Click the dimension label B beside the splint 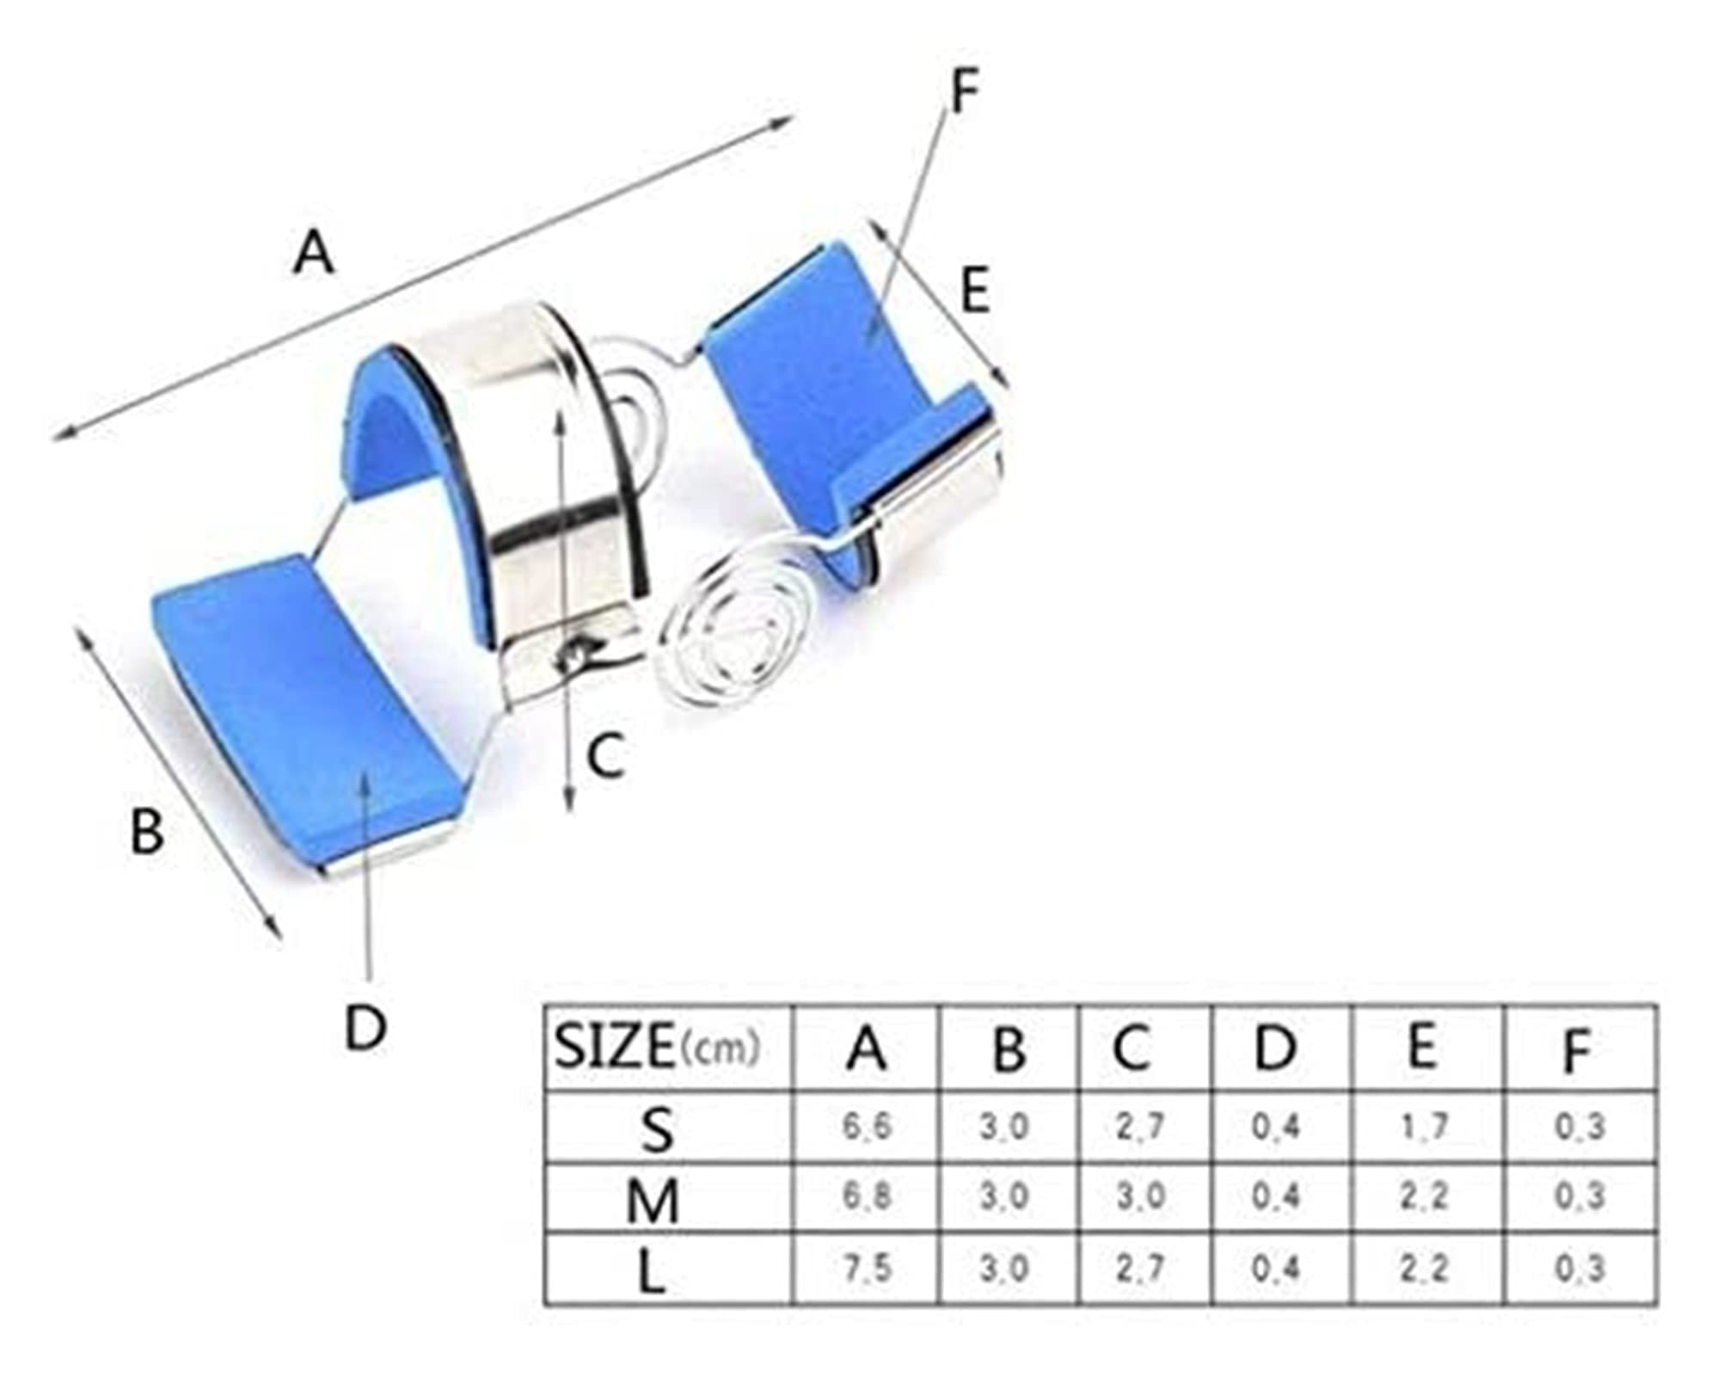pyautogui.click(x=146, y=832)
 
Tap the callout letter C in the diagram pyautogui.click(x=605, y=756)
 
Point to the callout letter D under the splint pyautogui.click(x=365, y=1027)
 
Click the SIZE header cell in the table pyautogui.click(x=658, y=1047)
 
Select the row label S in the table pyautogui.click(x=657, y=1129)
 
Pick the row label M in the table pyautogui.click(x=653, y=1201)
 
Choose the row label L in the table pyautogui.click(x=652, y=1274)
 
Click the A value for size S pyautogui.click(x=866, y=1127)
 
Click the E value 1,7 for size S pyautogui.click(x=1425, y=1126)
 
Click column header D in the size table pyautogui.click(x=1275, y=1048)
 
